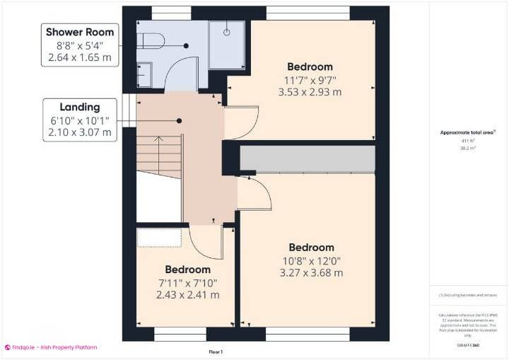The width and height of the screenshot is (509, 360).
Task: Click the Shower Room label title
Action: (79, 32)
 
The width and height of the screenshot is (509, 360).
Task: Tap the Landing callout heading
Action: (79, 106)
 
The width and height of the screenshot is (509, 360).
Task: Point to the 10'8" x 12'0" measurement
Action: (311, 260)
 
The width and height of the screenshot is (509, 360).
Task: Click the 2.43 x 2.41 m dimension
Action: (187, 295)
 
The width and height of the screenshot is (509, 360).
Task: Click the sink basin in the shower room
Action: (144, 74)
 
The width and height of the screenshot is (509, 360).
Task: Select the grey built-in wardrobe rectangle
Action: (307, 159)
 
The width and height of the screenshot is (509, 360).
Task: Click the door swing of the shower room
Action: (180, 76)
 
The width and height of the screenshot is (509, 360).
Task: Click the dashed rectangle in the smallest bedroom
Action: (159, 236)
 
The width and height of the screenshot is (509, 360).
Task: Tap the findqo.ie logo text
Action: (50, 347)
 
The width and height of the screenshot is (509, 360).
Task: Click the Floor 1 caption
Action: (216, 352)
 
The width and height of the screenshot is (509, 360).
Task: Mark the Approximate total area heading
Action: (467, 132)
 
